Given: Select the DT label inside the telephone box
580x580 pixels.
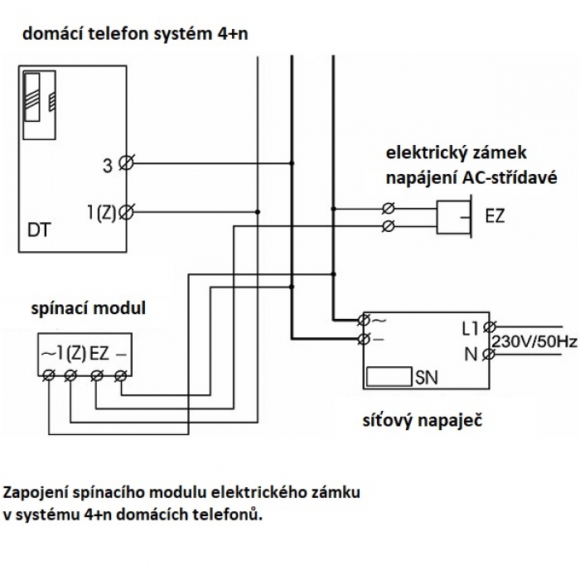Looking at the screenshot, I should [x=38, y=230].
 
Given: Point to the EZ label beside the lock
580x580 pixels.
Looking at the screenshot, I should [x=495, y=215].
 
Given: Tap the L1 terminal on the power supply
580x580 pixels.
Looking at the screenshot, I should [x=490, y=327].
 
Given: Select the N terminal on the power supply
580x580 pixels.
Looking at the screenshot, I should [x=490, y=355].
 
